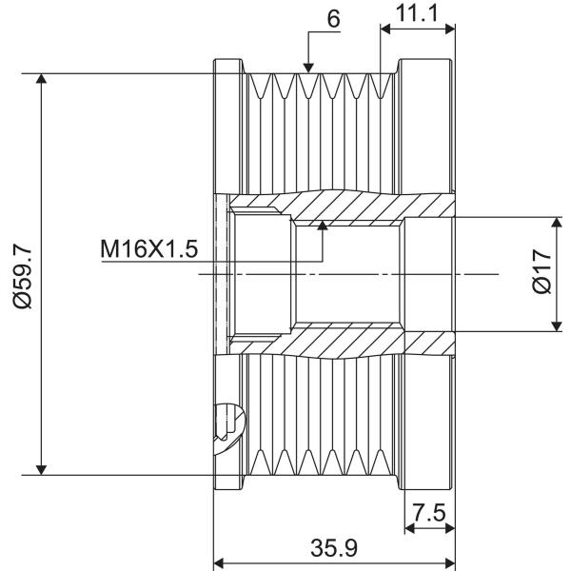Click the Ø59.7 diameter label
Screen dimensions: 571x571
tap(23, 276)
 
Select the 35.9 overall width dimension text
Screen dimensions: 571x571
tap(334, 547)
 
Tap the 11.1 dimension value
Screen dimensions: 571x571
tap(417, 13)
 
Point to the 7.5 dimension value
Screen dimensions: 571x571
tap(429, 512)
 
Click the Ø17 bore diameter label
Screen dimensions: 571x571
tap(541, 271)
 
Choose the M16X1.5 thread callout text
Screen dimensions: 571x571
tap(149, 249)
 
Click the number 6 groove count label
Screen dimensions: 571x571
tap(334, 19)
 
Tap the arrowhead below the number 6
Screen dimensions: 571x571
tap(308, 68)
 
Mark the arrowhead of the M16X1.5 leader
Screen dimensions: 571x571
tap(323, 226)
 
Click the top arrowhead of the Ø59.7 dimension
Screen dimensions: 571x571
tap(42, 78)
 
